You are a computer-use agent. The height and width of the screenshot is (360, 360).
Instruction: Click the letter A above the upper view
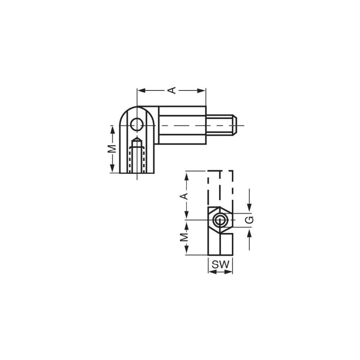(x=173, y=90)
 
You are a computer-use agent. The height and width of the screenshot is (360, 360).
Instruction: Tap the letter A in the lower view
(x=184, y=195)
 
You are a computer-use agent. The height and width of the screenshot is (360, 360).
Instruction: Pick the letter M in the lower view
(x=184, y=237)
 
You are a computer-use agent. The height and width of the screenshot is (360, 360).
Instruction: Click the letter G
(x=251, y=219)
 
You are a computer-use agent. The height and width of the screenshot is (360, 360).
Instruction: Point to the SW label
(x=220, y=264)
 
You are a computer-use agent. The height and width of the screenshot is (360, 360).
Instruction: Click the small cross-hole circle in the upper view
(x=137, y=125)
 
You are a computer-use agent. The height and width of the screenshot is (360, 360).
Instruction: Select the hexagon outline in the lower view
(x=220, y=219)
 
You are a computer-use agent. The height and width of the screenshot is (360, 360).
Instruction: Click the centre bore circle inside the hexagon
(x=220, y=219)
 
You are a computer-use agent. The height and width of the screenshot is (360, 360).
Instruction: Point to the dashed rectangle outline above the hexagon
(x=220, y=187)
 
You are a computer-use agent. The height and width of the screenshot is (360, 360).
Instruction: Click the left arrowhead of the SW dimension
(x=211, y=271)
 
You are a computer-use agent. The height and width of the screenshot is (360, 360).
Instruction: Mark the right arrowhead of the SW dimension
(x=230, y=271)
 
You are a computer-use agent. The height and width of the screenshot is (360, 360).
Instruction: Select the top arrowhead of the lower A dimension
(x=186, y=175)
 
